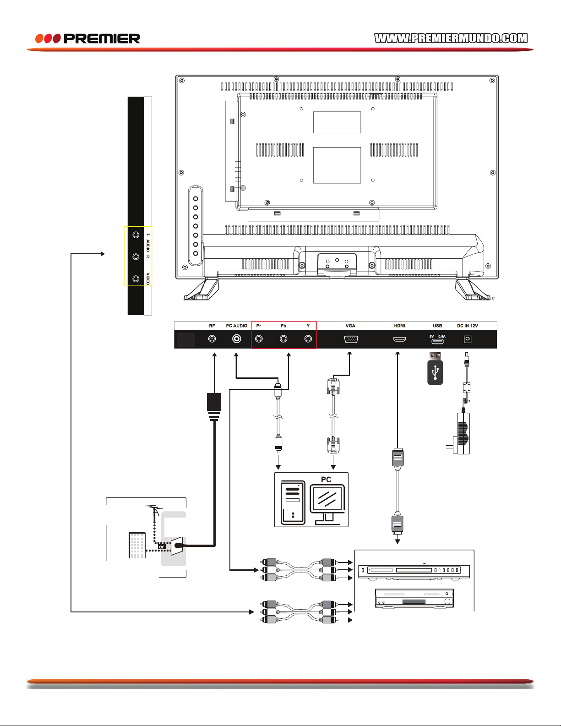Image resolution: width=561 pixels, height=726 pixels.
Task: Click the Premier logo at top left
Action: click(87, 38)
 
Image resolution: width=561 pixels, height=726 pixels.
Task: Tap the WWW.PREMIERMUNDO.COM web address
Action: click(451, 38)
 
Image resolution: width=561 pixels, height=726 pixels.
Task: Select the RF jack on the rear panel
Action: click(212, 339)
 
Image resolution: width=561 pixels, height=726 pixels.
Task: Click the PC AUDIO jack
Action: click(236, 339)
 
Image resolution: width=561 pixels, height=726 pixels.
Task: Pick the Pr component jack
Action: click(259, 339)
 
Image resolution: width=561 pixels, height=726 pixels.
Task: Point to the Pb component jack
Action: click(283, 339)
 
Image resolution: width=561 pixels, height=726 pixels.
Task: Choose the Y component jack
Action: click(308, 339)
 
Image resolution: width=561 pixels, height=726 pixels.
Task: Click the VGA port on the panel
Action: click(351, 339)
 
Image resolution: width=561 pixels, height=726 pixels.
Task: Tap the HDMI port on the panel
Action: click(399, 339)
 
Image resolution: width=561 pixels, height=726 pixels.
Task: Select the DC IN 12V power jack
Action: click(468, 339)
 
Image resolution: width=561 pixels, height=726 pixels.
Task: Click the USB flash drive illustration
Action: click(435, 369)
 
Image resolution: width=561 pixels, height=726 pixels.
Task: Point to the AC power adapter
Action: click(461, 433)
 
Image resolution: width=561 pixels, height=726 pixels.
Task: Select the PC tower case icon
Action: click(293, 502)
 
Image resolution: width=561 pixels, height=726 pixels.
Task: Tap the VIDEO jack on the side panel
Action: click(136, 278)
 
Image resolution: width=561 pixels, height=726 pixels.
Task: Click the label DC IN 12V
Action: click(468, 326)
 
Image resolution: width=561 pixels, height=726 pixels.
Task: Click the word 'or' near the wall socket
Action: click(162, 547)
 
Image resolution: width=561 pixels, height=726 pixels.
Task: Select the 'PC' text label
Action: click(326, 480)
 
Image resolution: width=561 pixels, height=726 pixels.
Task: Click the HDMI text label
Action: click(399, 326)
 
